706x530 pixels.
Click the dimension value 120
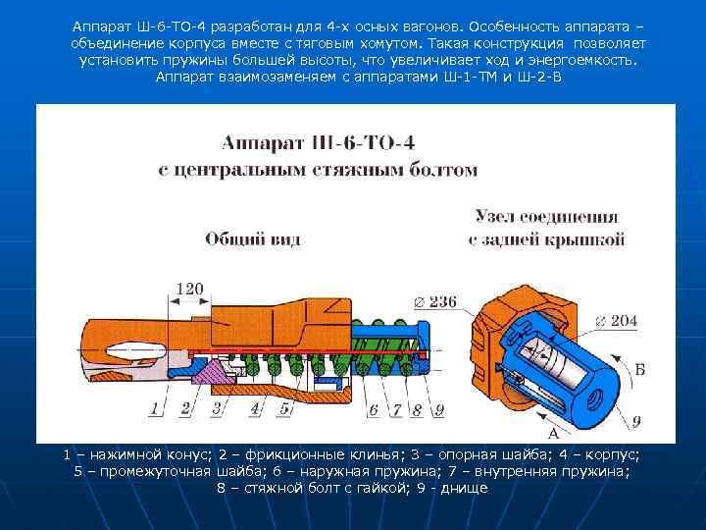189,289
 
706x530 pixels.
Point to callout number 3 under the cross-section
217,407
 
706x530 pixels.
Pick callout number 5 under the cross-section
284,407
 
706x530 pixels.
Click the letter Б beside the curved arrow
638,369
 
